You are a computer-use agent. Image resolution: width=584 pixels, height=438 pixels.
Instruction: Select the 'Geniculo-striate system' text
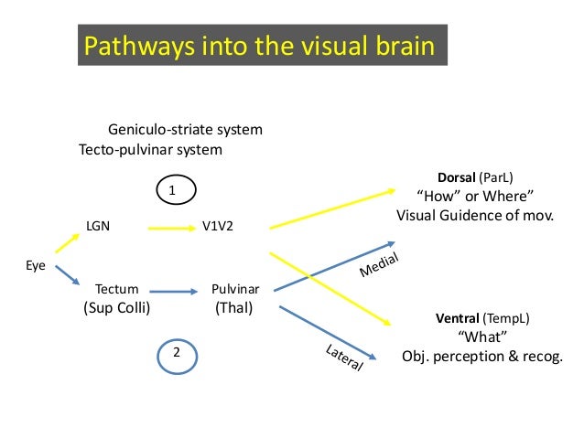pyautogui.click(x=185, y=130)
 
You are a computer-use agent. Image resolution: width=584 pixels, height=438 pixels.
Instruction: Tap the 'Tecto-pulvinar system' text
pyautogui.click(x=150, y=149)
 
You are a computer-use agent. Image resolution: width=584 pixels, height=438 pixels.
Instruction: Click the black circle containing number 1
pyautogui.click(x=172, y=189)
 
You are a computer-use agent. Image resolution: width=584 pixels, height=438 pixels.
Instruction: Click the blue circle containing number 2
pyautogui.click(x=178, y=353)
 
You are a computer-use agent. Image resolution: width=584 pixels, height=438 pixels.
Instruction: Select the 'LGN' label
pyautogui.click(x=98, y=224)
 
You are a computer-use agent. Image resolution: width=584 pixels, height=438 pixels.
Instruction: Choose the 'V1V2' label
pyautogui.click(x=217, y=225)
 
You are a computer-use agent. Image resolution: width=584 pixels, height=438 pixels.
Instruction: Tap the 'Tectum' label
pyautogui.click(x=117, y=289)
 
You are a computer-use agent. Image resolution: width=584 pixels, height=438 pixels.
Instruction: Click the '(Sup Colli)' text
pyautogui.click(x=116, y=307)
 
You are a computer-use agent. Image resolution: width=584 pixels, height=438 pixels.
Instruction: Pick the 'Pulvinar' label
pyautogui.click(x=235, y=289)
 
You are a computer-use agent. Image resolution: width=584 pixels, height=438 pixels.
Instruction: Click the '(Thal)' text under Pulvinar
pyautogui.click(x=233, y=307)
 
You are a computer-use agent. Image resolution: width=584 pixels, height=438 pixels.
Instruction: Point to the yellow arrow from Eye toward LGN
pyautogui.click(x=66, y=240)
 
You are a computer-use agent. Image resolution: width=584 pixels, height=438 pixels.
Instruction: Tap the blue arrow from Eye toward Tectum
pyautogui.click(x=66, y=273)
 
